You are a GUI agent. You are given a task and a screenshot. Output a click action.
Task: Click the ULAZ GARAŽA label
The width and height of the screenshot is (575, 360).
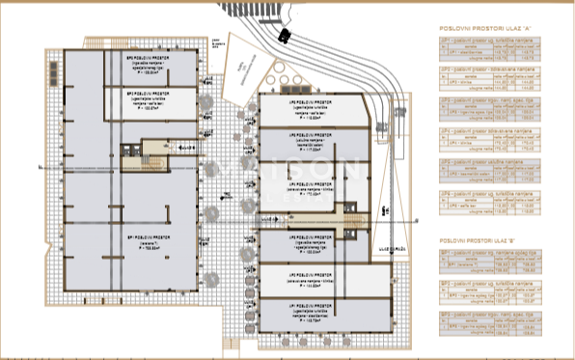(x=391, y=249)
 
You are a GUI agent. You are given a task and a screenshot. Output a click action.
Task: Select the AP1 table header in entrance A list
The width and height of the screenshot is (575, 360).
(x=486, y=49)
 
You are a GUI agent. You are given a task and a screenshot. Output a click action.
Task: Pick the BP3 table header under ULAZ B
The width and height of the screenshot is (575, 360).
(x=486, y=315)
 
